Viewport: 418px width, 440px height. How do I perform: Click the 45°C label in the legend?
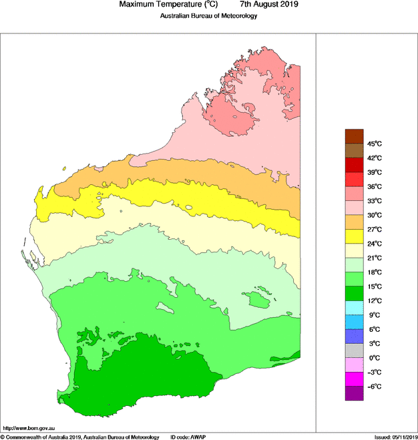tap(373, 144)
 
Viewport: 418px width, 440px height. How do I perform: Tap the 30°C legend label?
tap(373, 215)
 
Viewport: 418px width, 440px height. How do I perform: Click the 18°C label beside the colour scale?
tap(373, 272)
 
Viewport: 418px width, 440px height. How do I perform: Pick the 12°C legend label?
tap(373, 301)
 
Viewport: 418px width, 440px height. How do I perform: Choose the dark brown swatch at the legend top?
tap(354, 136)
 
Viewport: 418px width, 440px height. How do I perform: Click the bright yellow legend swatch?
tap(354, 236)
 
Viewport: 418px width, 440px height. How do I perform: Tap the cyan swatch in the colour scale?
tap(354, 308)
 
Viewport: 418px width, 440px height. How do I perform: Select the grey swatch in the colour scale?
tap(354, 351)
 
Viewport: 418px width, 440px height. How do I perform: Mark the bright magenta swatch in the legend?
tap(354, 379)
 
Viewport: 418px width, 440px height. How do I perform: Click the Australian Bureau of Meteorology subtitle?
tap(208, 16)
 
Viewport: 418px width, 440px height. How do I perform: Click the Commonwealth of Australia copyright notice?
tap(80, 437)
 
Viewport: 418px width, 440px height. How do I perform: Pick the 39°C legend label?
tap(373, 172)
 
